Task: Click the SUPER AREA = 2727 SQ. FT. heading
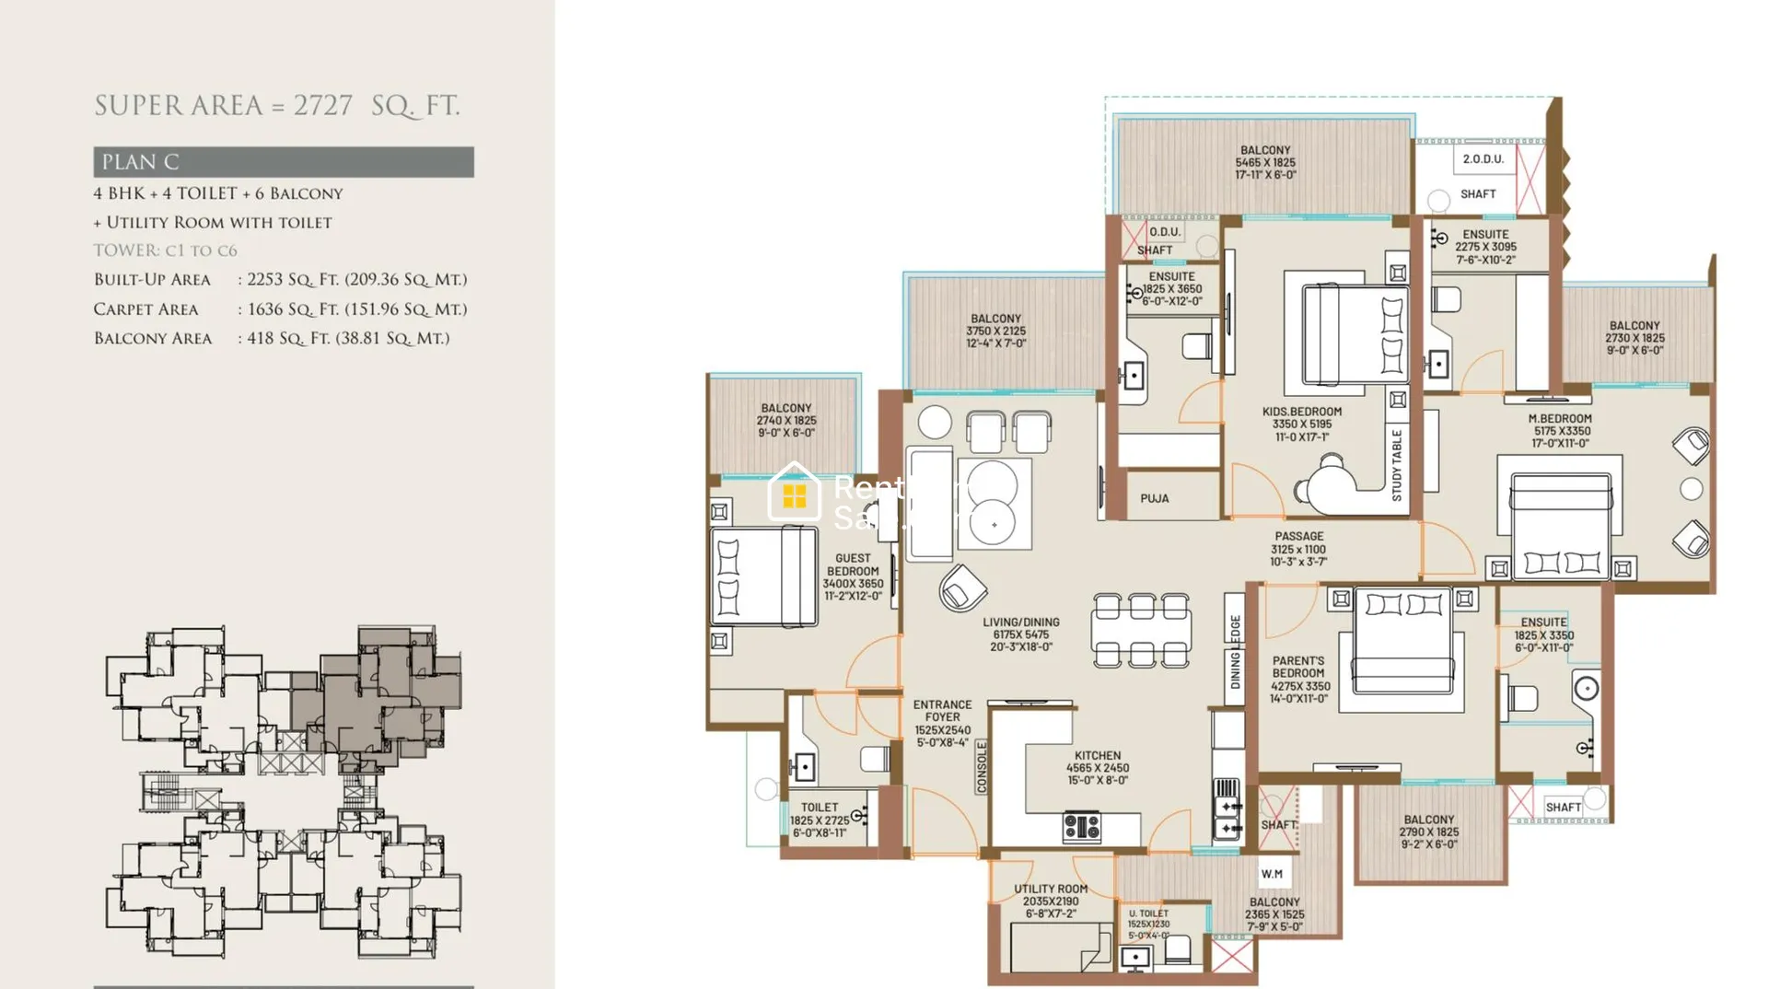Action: [276, 106]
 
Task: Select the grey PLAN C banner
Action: [283, 162]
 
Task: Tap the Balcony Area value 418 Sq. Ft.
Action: [347, 339]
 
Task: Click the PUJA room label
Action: [1155, 498]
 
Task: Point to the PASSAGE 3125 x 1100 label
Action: [1298, 549]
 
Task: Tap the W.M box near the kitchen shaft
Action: [1272, 874]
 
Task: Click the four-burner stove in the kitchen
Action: [1082, 826]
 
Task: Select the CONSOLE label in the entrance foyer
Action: [982, 766]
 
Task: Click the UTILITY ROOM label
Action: [1051, 901]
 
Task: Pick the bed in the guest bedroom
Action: [764, 577]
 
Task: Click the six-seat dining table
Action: [1142, 631]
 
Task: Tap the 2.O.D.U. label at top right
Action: [1483, 159]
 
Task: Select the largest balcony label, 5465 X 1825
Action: [1265, 162]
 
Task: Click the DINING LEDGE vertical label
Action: [1235, 651]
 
